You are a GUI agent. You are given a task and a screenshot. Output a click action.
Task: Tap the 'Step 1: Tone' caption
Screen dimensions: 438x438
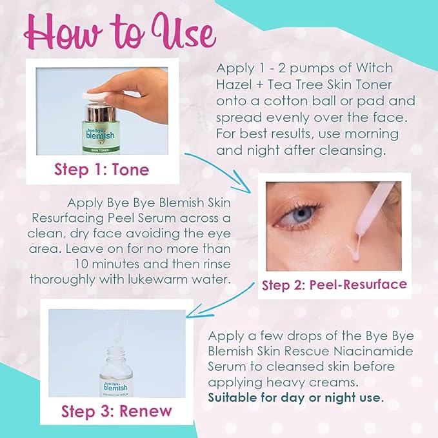click(101, 170)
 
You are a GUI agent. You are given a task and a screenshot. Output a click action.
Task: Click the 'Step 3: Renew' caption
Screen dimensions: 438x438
click(117, 411)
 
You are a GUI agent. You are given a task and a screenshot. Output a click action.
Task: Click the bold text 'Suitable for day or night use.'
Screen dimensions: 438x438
click(295, 397)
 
